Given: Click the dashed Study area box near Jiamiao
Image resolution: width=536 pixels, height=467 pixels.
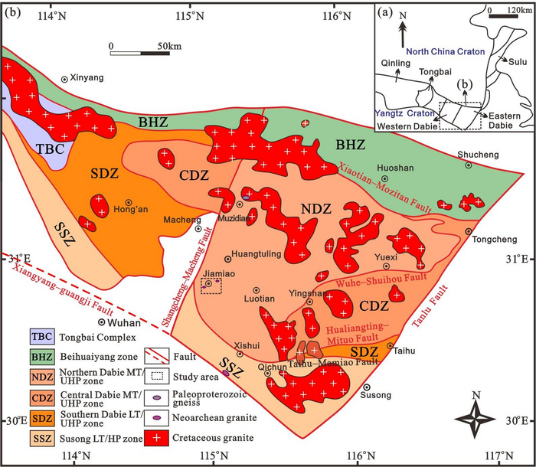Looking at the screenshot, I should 211,285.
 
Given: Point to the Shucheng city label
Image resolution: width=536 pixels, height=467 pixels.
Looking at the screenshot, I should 472,154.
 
